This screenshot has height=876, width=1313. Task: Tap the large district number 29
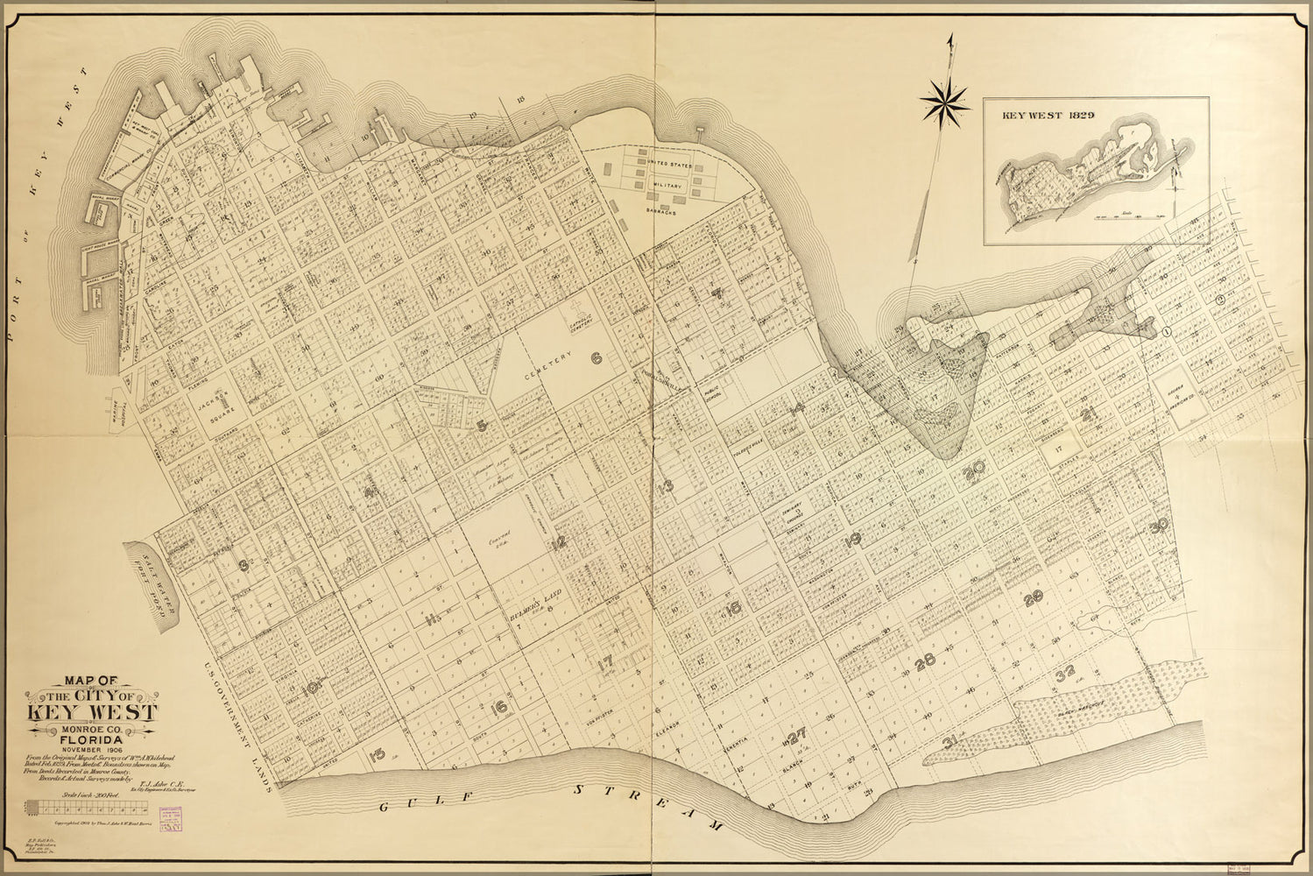[1034, 597]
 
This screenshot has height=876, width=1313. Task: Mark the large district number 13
[667, 487]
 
